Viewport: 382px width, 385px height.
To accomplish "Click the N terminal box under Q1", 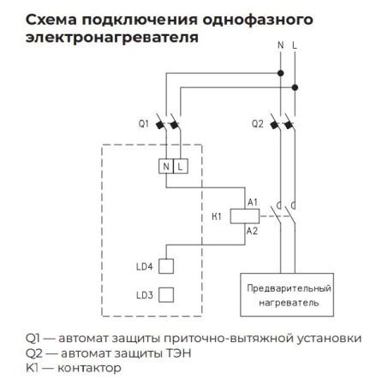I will pos(166,166).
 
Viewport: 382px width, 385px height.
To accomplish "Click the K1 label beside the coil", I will pos(217,215).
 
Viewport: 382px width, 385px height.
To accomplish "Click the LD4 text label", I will pos(143,268).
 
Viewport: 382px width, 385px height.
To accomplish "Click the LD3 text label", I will pos(143,295).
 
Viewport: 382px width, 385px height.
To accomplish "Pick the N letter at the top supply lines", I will pos(281,43).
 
